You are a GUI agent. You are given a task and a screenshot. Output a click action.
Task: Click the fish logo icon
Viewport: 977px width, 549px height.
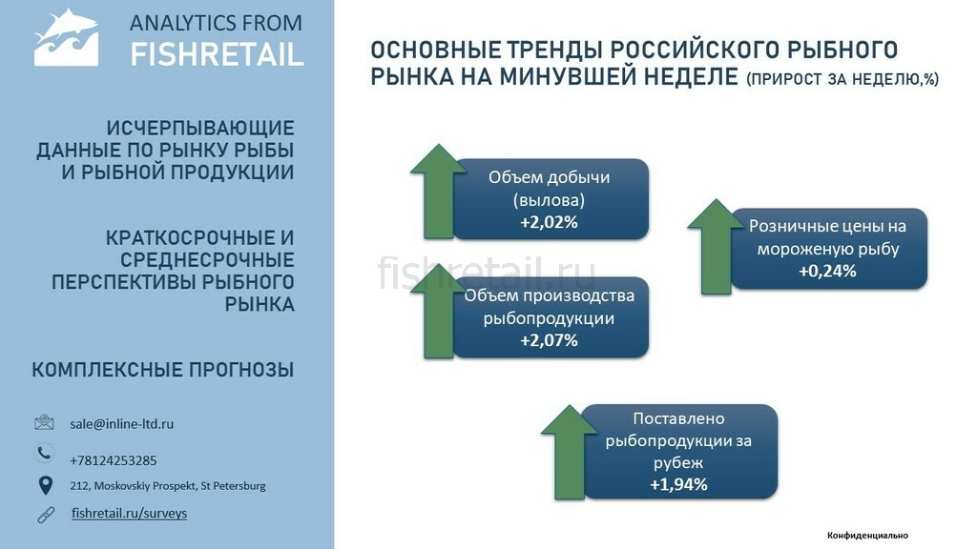pos(66,37)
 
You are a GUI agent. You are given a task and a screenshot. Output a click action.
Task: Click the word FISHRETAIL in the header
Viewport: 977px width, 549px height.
pos(217,54)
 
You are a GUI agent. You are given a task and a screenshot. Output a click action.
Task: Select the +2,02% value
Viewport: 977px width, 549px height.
pos(549,222)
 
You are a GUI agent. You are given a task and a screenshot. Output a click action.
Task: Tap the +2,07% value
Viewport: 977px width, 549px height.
pos(549,340)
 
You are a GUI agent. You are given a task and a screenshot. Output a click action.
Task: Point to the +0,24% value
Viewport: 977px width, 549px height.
pos(827,272)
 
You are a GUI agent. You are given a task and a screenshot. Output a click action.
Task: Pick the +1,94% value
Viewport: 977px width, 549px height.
pos(678,485)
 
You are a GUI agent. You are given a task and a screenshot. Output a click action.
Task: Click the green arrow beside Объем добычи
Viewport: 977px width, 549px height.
pos(439,192)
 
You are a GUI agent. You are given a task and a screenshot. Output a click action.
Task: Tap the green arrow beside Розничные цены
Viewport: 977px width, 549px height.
pos(716,247)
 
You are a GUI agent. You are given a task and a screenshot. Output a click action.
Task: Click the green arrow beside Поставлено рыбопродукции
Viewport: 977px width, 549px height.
pos(569,453)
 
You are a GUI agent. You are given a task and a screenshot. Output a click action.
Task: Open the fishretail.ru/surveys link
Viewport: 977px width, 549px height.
pos(129,514)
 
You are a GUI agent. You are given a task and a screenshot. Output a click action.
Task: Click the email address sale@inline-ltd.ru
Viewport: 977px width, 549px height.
pos(121,424)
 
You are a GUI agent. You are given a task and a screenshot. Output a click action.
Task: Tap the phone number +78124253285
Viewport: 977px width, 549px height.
pos(114,460)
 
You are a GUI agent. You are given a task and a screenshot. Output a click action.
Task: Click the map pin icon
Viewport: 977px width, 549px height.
pos(46,485)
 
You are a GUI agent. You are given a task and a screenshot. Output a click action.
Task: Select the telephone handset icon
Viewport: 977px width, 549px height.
pos(44,453)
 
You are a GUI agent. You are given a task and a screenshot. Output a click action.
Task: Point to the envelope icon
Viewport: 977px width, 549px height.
pos(44,422)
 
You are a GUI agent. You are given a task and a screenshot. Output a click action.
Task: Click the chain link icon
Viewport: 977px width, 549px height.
pos(46,515)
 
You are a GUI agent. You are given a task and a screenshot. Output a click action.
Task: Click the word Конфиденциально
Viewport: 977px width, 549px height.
pos(867,536)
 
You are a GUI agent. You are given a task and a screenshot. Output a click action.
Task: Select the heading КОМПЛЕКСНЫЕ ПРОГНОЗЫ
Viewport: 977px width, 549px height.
pos(162,370)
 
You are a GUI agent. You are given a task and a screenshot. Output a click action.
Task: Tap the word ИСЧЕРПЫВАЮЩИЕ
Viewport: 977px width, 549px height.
pos(200,129)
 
